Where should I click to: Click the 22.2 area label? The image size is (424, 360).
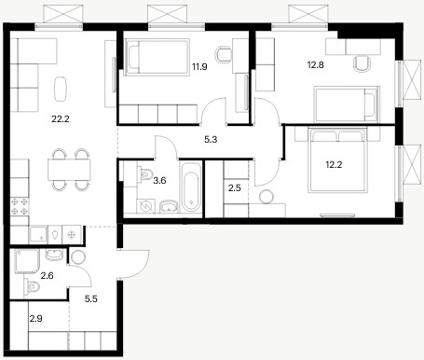61,118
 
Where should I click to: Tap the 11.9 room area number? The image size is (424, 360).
199,66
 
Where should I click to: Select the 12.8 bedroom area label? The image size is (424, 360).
316,65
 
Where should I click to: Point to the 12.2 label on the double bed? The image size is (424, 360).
334,164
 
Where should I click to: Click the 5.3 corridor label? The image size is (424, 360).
211,140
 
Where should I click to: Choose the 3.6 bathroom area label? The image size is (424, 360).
159,180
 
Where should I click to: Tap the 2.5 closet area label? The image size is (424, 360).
235,188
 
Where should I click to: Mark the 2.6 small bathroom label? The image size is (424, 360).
48,275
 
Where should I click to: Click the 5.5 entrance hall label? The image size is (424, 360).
91,298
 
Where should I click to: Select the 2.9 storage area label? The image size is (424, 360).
36,318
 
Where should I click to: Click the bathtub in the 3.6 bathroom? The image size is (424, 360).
191,187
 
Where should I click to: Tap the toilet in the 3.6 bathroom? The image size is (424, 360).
145,173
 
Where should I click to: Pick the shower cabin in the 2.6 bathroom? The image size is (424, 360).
27,261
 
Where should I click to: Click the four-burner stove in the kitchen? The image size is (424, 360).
20,207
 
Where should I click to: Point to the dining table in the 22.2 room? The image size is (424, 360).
69,170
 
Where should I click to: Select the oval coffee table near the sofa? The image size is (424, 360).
61,89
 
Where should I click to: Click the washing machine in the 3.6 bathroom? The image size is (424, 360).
145,206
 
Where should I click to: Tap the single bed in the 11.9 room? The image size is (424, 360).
157,57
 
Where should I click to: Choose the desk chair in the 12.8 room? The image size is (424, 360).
362,63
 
